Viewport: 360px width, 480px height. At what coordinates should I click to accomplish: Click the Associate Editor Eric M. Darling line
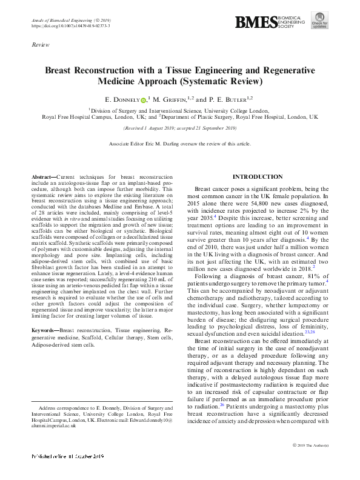click(x=179, y=144)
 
